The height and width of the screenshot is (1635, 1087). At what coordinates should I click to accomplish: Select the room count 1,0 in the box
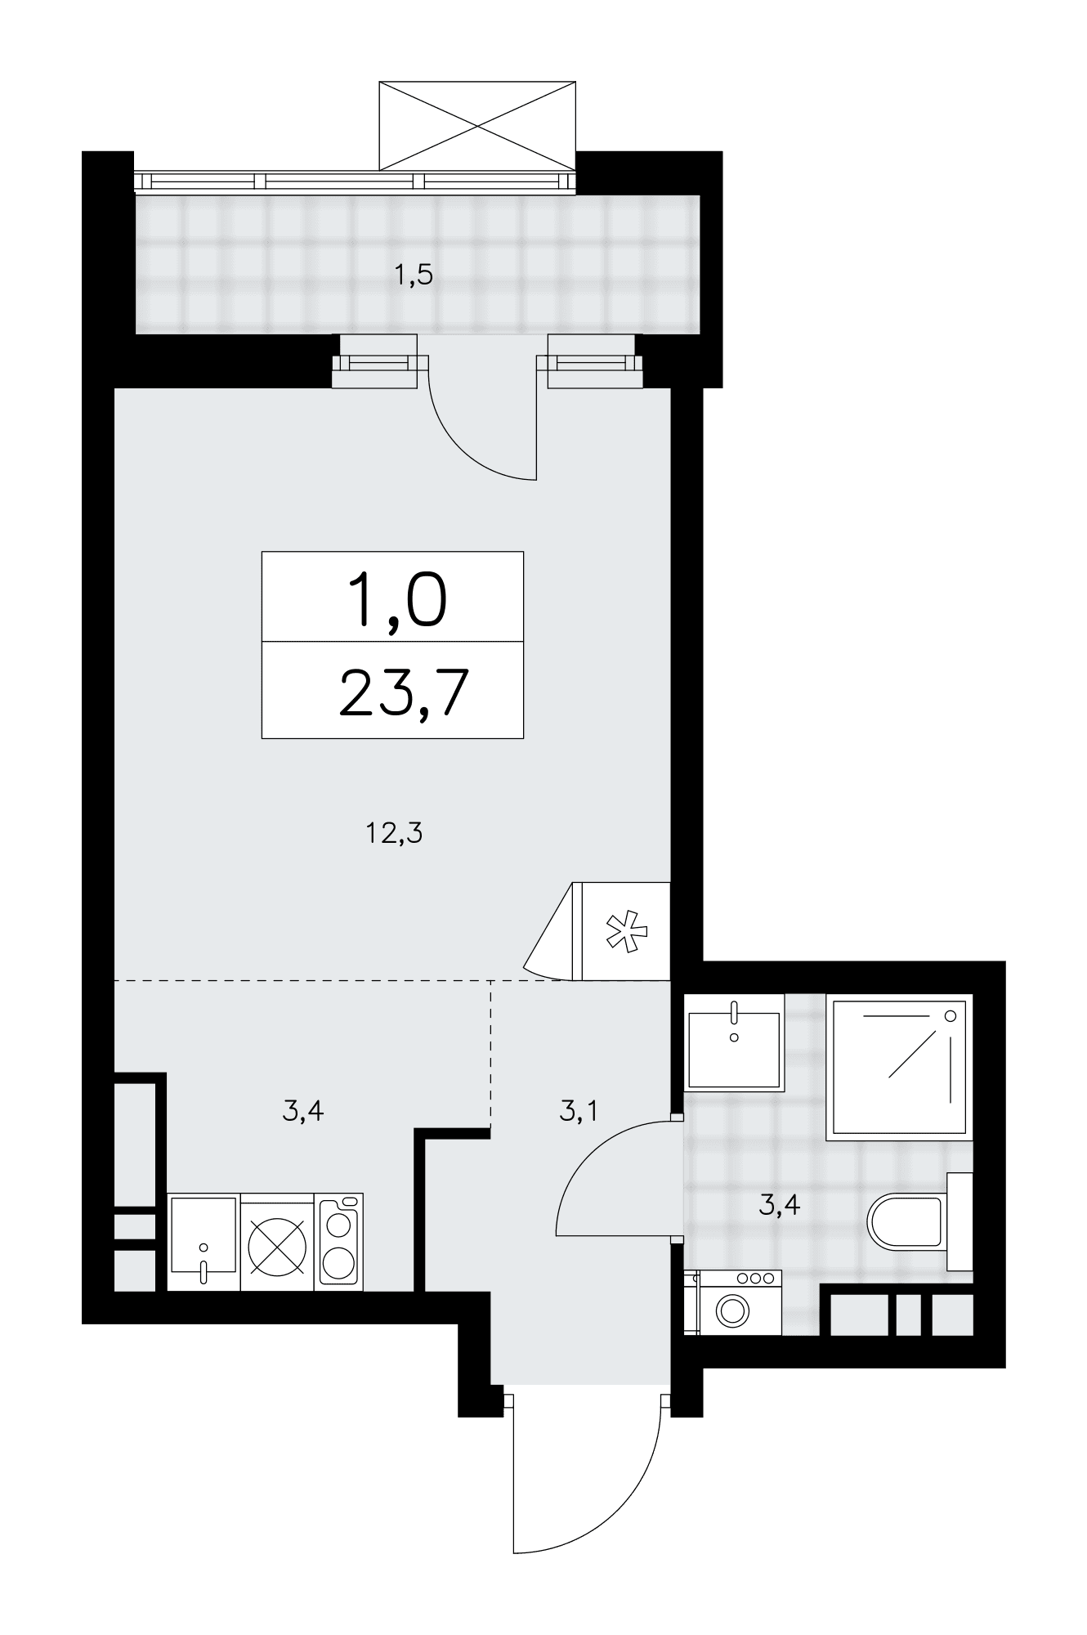coord(397,599)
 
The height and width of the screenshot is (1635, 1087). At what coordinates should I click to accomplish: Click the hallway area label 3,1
coord(579,1111)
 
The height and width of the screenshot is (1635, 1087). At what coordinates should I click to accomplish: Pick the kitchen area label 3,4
coord(303,1111)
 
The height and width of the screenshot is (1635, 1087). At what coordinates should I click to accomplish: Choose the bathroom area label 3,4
coord(779,1204)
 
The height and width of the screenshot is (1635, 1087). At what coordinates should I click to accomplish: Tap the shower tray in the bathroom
coord(899,1067)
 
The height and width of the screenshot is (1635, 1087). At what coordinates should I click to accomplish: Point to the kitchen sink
coord(204,1242)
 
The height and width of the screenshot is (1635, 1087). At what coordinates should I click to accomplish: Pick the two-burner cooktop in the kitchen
coord(339,1242)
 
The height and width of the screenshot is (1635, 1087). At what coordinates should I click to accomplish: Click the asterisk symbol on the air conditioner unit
coord(625,932)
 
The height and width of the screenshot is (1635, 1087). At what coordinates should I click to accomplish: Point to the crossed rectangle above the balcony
coord(478,125)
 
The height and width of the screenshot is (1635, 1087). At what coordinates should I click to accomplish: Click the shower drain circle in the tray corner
coord(950,1015)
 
